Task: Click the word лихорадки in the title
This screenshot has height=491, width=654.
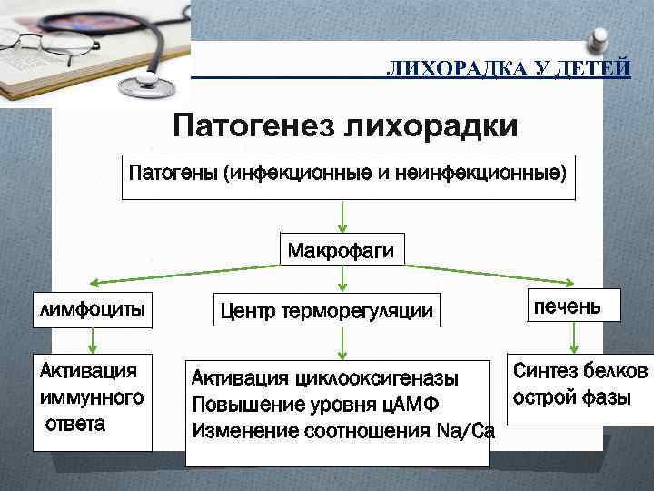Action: pos(431,125)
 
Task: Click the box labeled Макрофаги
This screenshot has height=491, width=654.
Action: pos(341,249)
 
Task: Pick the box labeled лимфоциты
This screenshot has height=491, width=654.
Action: pos(92,309)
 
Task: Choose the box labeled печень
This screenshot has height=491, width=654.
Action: pos(570,306)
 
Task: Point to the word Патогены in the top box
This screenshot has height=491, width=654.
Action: pos(173,172)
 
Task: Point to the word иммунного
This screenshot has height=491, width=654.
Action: pos(92,396)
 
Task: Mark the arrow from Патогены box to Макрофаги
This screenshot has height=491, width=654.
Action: pos(341,215)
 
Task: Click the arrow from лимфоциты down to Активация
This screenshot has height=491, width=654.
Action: pos(92,340)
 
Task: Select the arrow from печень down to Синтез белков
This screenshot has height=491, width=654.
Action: pos(572,338)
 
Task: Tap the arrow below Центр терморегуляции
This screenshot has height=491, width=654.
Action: pos(341,343)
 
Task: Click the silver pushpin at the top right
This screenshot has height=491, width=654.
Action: pos(599,36)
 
